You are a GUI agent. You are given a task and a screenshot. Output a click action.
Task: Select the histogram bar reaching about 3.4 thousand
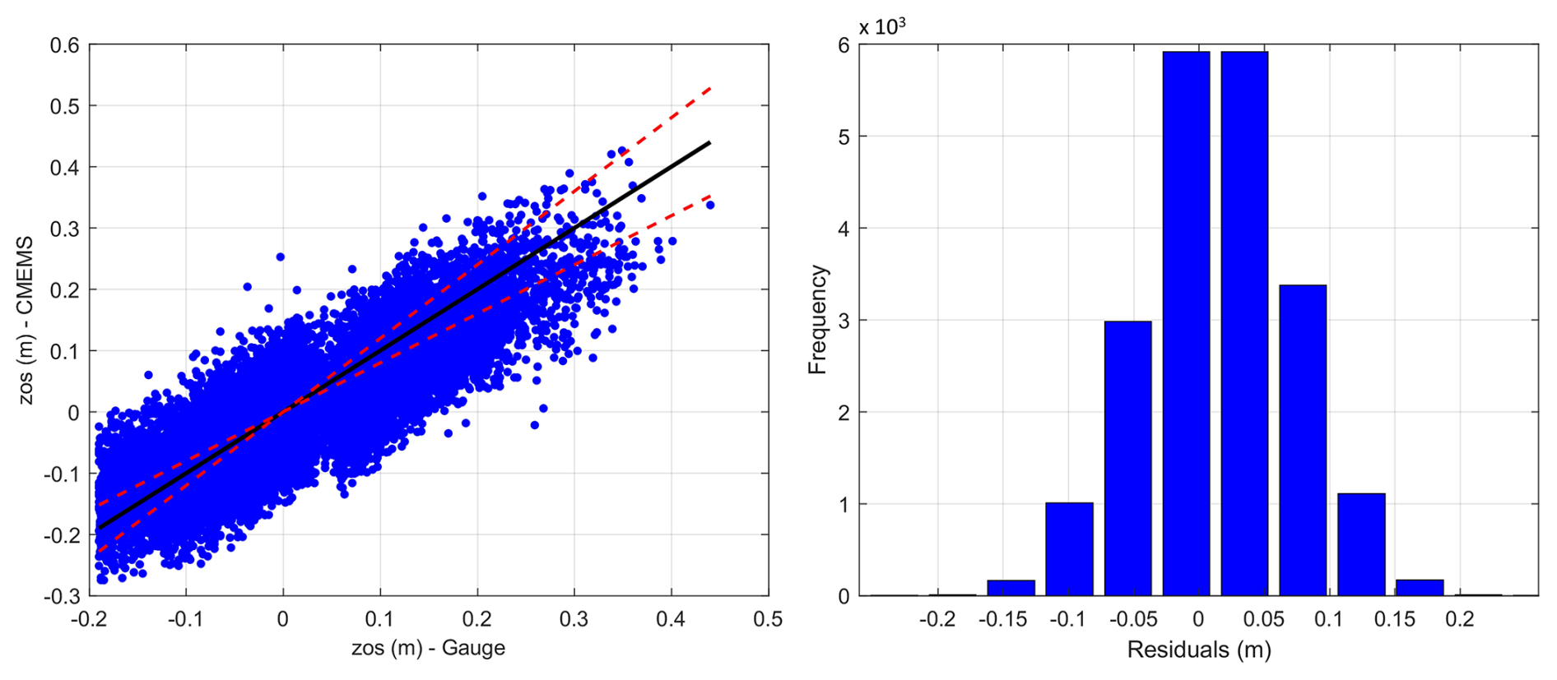coord(1303,440)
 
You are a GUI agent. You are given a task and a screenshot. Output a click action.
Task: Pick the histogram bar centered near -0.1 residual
coord(1069,548)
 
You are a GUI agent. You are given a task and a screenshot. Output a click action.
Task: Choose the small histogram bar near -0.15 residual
coord(1011,587)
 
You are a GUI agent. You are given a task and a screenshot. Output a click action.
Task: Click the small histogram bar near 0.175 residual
coord(1420,587)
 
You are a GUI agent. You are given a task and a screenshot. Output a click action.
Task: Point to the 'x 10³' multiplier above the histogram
coord(882,27)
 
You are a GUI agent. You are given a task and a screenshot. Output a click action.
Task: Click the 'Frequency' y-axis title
coord(817,320)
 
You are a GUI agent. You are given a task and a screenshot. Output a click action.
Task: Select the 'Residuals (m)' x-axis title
coord(1198,650)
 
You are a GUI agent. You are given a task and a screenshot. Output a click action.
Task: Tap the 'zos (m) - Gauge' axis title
coord(428,648)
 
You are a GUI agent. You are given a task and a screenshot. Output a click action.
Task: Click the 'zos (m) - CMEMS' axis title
coord(26,320)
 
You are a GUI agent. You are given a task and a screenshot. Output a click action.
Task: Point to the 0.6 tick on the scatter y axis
coord(65,45)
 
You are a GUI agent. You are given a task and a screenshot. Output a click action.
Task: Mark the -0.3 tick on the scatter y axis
coord(62,595)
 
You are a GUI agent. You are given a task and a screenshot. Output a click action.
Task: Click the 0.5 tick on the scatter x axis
coord(768,619)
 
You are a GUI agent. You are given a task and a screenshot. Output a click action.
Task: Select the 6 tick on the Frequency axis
coord(844,45)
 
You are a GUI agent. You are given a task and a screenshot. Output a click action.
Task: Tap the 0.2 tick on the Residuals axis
coord(1459,619)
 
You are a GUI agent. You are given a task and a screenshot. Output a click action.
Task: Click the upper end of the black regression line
coord(709,143)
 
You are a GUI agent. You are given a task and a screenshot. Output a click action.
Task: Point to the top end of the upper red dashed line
coord(709,87)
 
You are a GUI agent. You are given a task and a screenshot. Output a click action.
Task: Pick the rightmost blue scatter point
coord(710,205)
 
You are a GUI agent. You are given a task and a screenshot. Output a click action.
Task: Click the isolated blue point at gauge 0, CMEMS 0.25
coord(281,257)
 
